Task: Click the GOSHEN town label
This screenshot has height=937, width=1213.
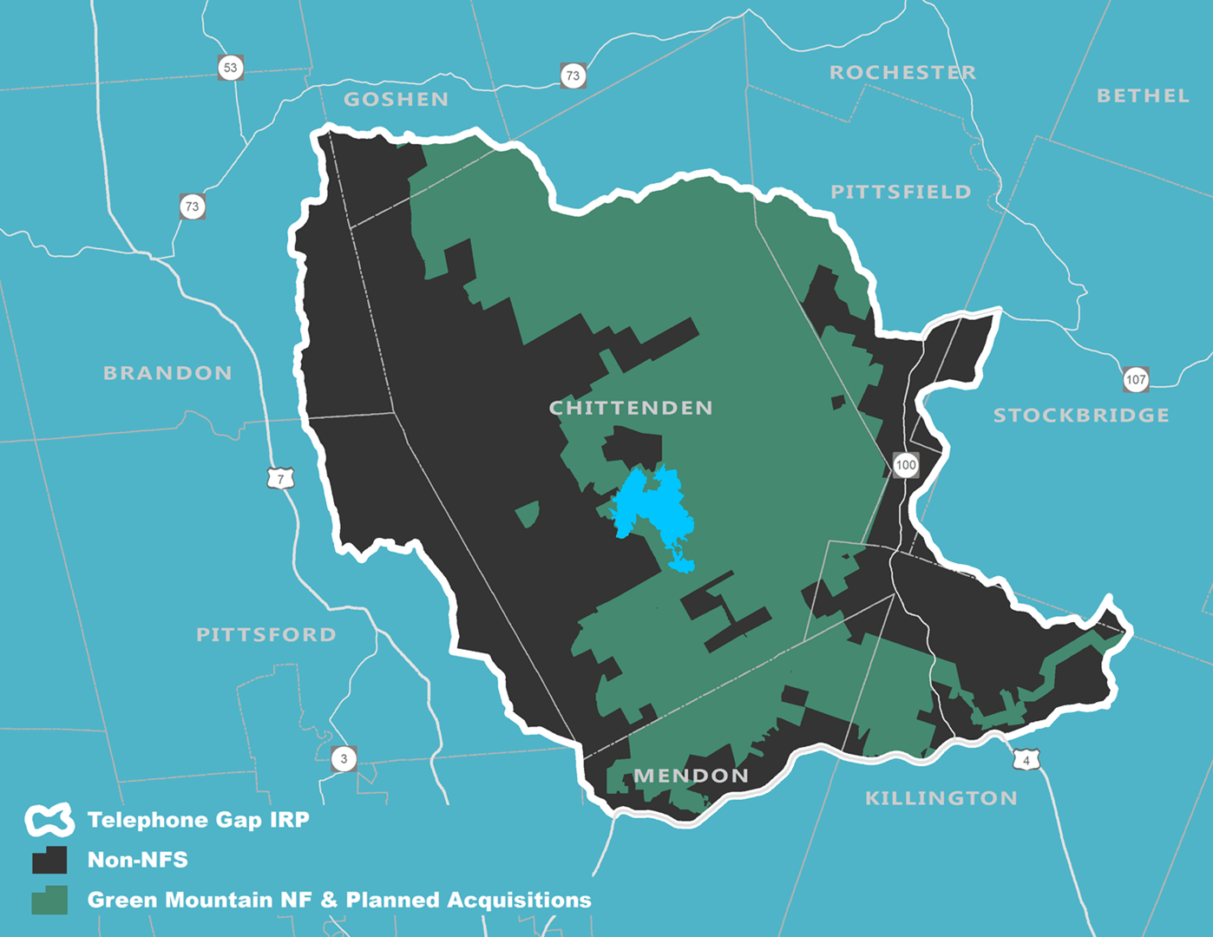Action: click(396, 100)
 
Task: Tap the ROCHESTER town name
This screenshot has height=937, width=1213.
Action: click(902, 73)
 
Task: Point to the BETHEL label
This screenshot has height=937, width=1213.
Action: click(1142, 96)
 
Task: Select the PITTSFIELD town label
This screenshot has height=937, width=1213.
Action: click(901, 192)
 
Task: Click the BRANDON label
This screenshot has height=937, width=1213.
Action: click(167, 373)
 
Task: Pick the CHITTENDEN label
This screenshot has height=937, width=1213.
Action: click(631, 408)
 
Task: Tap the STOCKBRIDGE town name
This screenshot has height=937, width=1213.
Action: click(1081, 416)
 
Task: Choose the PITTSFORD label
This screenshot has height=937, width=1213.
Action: click(266, 635)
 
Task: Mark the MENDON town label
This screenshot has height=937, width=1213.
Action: click(691, 776)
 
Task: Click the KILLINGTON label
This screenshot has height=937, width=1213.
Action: click(941, 798)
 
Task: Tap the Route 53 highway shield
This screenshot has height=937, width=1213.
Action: click(230, 68)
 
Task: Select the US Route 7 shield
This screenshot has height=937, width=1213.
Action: click(280, 479)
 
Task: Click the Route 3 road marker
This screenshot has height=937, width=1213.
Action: click(344, 759)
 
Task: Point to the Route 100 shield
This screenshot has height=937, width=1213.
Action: click(906, 465)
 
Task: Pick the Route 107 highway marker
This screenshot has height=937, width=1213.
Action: click(1136, 379)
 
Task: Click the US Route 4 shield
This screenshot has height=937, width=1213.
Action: click(1026, 760)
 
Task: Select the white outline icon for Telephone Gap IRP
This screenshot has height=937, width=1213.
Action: click(49, 820)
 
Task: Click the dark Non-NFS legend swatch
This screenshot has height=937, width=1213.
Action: click(49, 860)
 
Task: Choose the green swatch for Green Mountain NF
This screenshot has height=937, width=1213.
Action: click(49, 901)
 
